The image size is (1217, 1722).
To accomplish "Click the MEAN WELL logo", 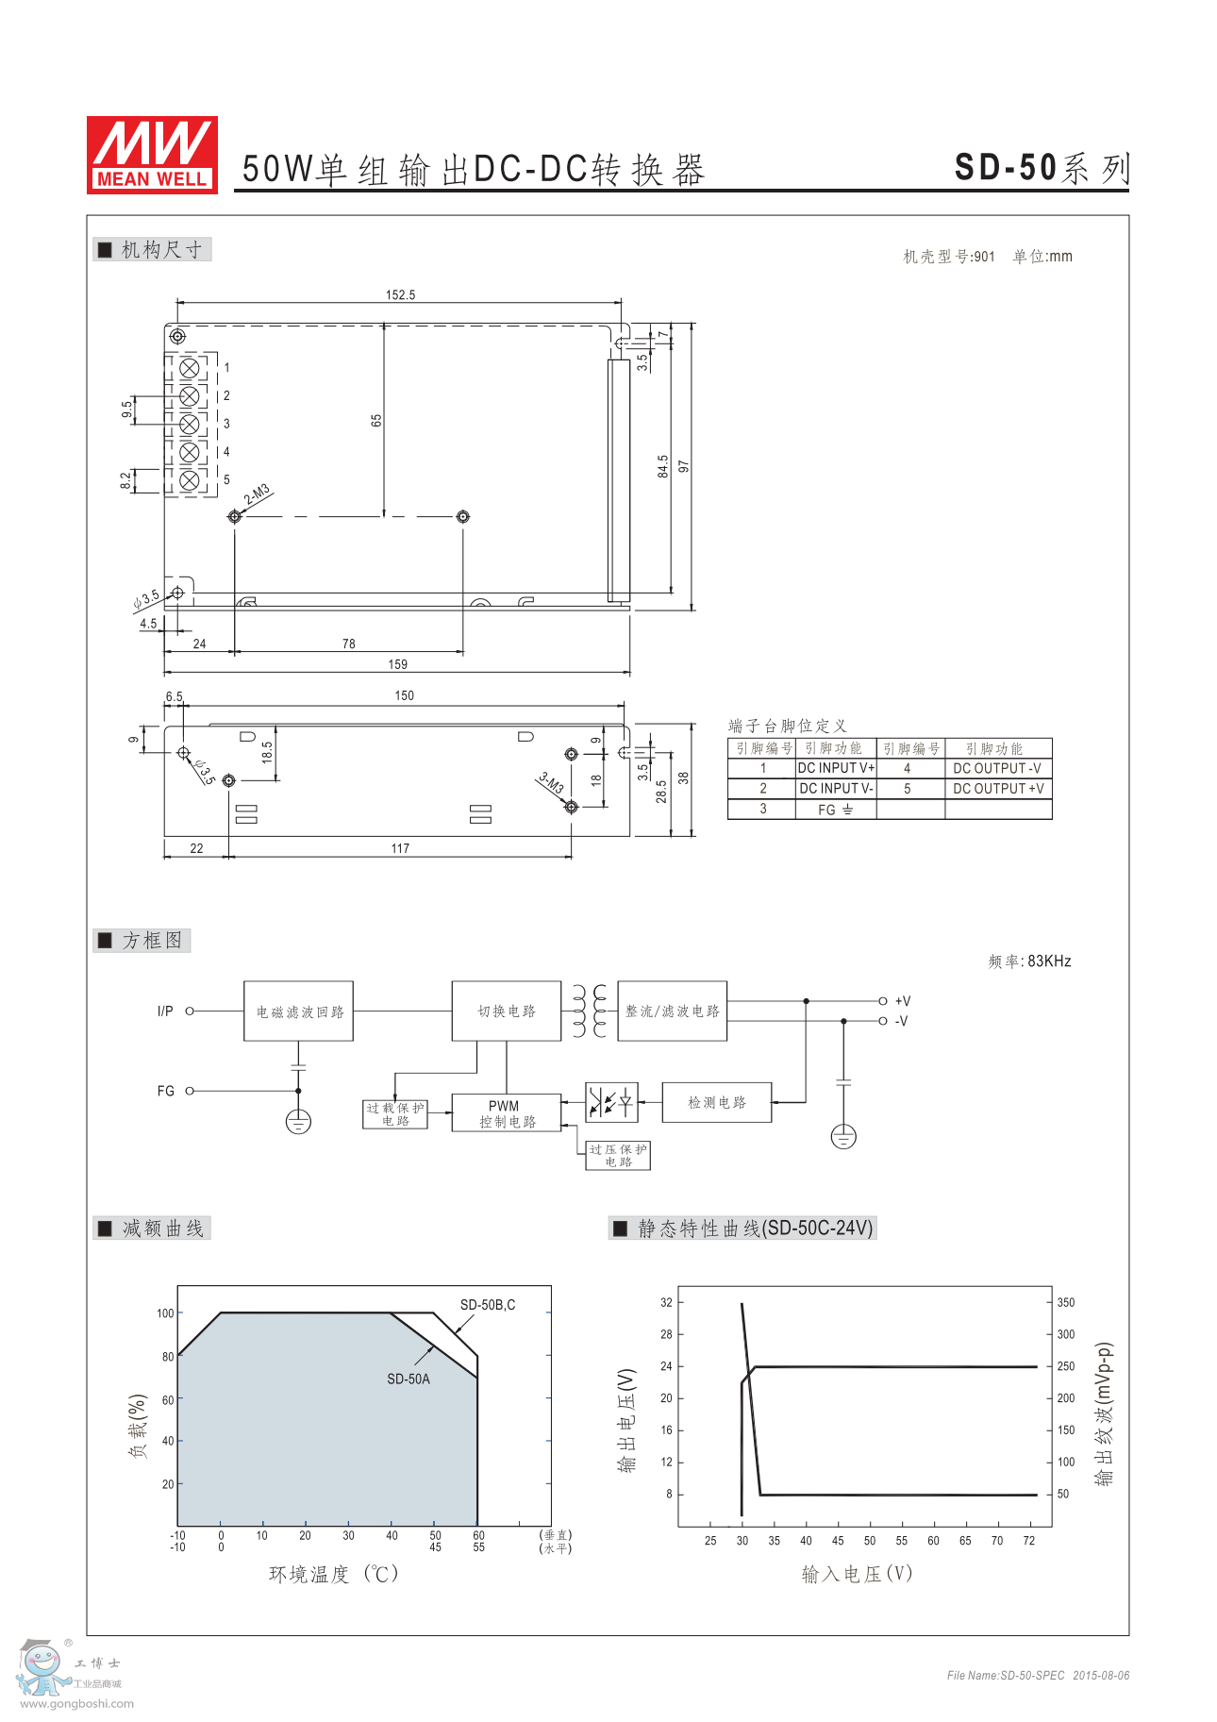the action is pyautogui.click(x=152, y=155).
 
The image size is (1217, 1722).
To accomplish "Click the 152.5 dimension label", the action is pyautogui.click(x=400, y=295).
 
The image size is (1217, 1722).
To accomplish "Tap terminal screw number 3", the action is pyautogui.click(x=189, y=425).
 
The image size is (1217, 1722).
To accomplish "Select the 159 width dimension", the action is pyautogui.click(x=398, y=664).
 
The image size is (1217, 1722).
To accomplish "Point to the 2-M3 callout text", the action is pyautogui.click(x=257, y=493).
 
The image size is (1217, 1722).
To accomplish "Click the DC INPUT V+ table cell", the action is pyautogui.click(x=836, y=768).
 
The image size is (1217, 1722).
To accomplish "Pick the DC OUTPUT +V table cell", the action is pyautogui.click(x=998, y=789).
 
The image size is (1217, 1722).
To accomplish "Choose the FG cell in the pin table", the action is pyautogui.click(x=836, y=810).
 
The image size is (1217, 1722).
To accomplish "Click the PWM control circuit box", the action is pyautogui.click(x=507, y=1113).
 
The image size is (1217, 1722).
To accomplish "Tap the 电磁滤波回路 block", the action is pyautogui.click(x=299, y=1011).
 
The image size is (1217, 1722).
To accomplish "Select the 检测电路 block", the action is pyautogui.click(x=717, y=1102).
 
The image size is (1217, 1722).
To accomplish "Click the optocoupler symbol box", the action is pyautogui.click(x=611, y=1102).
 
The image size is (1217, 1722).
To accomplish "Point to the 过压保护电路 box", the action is pyautogui.click(x=618, y=1156).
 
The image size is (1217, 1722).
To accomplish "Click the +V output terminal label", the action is pyautogui.click(x=903, y=1001).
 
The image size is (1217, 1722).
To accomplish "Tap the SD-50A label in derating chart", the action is pyautogui.click(x=408, y=1379).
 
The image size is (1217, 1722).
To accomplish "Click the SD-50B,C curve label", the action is pyautogui.click(x=488, y=1305).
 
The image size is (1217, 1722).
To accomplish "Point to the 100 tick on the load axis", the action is pyautogui.click(x=165, y=1313).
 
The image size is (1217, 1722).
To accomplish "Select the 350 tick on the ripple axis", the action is pyautogui.click(x=1066, y=1302).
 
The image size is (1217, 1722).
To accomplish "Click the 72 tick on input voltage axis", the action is pyautogui.click(x=1029, y=1541).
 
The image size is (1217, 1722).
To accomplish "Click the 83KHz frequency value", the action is pyautogui.click(x=1049, y=961).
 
